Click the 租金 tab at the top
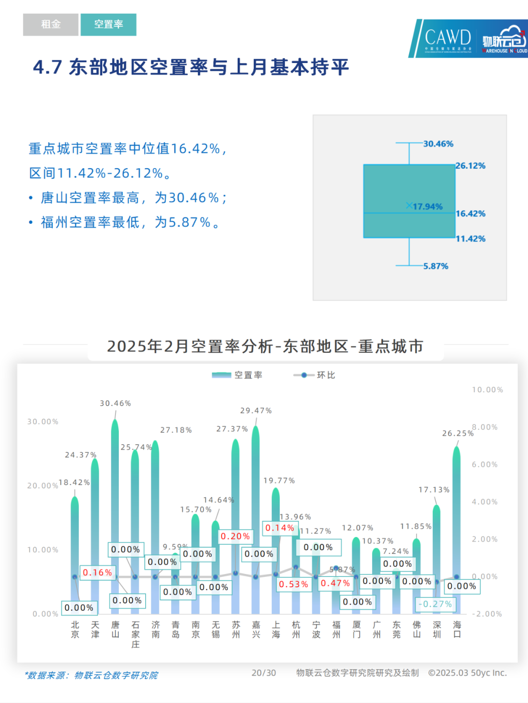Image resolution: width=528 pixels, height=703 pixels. pos(50,24)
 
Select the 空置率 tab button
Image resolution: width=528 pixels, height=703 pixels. pos(108,24)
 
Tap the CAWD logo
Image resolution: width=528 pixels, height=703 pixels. pos(447,38)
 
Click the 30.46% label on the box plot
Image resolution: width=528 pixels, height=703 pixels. pos(438,144)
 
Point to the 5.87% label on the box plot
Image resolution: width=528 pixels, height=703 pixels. pos(436,266)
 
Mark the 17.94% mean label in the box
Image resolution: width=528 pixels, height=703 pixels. pos(427,207)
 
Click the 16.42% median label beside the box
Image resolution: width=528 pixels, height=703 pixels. pos(470,213)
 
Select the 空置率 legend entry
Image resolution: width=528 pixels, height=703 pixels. pos(238,375)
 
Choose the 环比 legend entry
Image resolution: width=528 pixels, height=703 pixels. pos(314,375)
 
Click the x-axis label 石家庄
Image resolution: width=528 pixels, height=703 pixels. pos(135,634)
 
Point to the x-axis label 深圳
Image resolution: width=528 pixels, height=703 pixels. pos(437,629)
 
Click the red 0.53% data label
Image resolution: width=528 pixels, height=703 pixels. pos(293,584)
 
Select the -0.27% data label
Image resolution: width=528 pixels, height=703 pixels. pos(435,604)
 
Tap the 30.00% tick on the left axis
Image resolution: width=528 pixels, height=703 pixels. pos(43,422)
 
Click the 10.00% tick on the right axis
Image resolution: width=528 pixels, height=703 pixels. pos(487,390)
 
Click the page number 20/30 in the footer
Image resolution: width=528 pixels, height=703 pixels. pos(264,673)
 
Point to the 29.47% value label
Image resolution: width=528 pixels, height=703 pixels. pos(256,411)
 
